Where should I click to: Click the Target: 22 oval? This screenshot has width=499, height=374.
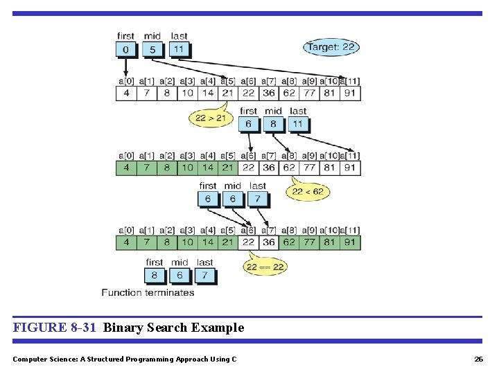331,48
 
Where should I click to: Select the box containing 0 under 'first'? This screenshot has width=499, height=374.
126,49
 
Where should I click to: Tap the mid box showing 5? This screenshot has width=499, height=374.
152,49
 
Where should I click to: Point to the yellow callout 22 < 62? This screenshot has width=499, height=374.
306,192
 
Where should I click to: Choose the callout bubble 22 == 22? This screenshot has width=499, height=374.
265,267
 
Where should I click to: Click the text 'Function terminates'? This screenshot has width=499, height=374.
148,292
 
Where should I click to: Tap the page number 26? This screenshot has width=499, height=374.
478,359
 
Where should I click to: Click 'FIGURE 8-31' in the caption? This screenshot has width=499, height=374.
54,328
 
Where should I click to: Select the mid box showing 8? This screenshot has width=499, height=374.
273,124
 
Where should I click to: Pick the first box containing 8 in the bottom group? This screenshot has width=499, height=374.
155,275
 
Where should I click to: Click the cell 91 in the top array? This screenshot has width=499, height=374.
350,93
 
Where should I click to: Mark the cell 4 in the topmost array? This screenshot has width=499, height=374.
125,93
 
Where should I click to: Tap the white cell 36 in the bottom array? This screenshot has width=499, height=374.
268,242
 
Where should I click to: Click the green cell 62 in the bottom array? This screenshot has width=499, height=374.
289,242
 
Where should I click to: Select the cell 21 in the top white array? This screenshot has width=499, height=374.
227,93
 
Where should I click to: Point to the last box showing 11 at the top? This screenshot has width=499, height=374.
179,49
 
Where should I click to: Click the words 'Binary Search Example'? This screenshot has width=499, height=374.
173,328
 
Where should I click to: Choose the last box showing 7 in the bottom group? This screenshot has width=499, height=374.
204,275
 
